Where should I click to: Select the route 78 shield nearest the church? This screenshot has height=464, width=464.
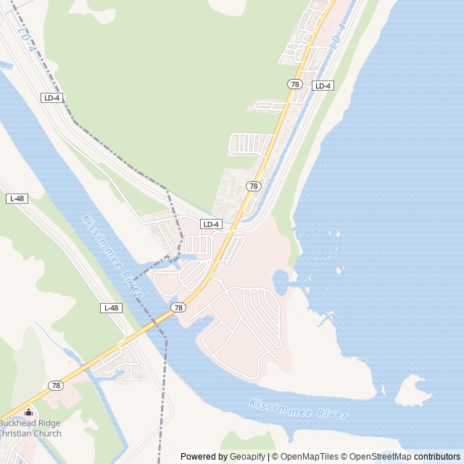point(56,385)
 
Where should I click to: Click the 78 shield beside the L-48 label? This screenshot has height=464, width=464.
point(178,308)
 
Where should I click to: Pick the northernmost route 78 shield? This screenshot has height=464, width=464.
point(294,84)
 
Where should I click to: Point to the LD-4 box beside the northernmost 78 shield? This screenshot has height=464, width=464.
point(323,86)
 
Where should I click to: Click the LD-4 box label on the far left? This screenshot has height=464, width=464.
point(51,97)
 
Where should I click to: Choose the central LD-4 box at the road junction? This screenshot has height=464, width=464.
point(211,224)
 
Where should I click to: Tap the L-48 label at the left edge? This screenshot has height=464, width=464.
point(17,198)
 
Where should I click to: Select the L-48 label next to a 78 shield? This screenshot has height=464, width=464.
point(111,308)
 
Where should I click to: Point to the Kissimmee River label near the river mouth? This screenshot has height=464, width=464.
point(298,409)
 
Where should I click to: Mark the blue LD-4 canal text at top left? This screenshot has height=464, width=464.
point(25,38)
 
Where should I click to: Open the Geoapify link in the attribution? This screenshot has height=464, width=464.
point(248,457)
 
